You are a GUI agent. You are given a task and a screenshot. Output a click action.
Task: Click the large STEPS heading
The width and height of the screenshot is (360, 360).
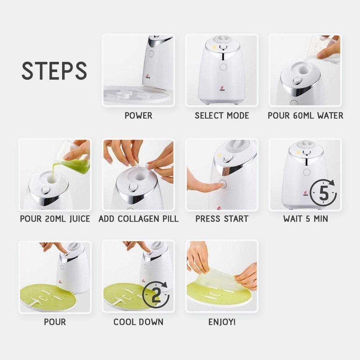tap(54, 70)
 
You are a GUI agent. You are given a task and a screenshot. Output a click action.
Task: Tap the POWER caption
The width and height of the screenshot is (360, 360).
tap(139, 115)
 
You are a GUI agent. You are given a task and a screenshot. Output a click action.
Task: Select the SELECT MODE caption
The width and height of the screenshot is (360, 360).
tap(222, 115)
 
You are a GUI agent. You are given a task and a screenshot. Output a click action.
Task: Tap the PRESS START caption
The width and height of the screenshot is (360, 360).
tap(222, 219)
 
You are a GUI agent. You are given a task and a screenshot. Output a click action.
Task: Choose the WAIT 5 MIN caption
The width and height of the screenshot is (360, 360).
tap(306, 219)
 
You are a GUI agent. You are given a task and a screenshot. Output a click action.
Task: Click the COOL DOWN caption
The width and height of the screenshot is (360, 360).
tap(139, 322)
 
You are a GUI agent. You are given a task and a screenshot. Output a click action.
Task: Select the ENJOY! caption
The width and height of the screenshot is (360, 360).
tap(222, 322)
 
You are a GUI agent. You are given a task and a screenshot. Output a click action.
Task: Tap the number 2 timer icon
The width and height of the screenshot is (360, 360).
tap(156, 295)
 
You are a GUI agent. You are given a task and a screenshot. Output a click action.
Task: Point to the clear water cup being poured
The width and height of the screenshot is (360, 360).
tap(326, 49)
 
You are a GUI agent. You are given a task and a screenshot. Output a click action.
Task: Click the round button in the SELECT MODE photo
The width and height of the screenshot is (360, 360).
tap(223, 67)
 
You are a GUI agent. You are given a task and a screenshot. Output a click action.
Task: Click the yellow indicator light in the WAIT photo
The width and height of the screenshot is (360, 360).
tap(298, 152)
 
